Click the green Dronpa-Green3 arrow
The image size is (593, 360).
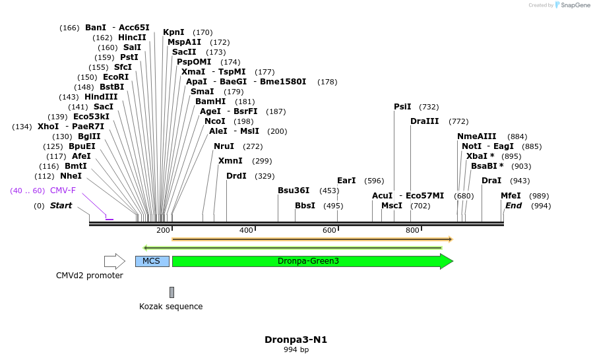coord(310,261)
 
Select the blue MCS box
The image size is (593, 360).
coord(152,261)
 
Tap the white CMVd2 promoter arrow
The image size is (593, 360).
coord(114,261)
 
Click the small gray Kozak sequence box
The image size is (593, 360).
coord(172,292)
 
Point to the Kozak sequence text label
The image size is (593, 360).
coord(171,307)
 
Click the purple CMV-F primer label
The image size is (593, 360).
coord(63,191)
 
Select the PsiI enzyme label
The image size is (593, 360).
coord(402,107)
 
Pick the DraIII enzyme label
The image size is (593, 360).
coord(424,121)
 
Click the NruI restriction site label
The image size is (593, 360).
coord(224,146)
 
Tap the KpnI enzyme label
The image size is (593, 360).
coord(173,32)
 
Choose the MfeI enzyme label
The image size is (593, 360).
coord(511,196)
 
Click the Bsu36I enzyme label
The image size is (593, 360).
coord(294,191)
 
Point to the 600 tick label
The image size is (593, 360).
coord(329,230)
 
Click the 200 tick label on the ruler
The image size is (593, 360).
coord(163,230)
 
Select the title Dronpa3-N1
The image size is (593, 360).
coord(296,340)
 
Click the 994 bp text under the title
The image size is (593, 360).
coord(296,350)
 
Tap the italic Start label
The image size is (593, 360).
coord(61,206)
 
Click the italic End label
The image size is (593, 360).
coord(513,206)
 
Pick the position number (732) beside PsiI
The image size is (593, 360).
coord(429,107)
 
